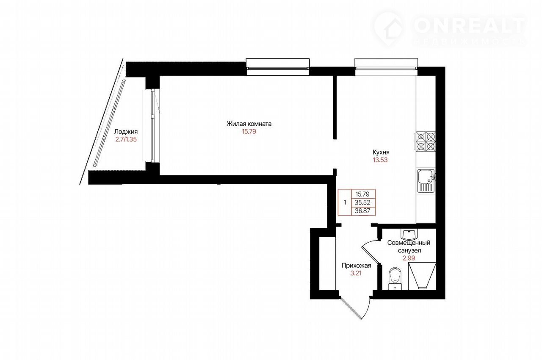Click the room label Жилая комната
click(x=249, y=124)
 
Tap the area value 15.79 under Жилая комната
click(x=249, y=132)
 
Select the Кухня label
click(x=381, y=152)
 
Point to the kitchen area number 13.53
click(x=380, y=160)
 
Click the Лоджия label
click(x=126, y=132)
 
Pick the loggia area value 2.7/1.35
click(x=126, y=140)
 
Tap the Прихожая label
click(x=356, y=266)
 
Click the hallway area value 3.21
click(x=356, y=273)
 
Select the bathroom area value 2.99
click(x=409, y=258)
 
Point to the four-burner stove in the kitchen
click(x=426, y=141)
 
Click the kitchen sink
click(x=426, y=181)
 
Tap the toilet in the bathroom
click(x=395, y=278)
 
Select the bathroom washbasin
click(x=409, y=234)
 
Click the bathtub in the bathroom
click(x=422, y=276)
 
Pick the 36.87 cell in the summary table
click(x=363, y=211)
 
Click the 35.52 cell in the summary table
click(x=363, y=202)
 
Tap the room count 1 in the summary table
click(x=345, y=202)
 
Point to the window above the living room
click(x=278, y=67)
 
